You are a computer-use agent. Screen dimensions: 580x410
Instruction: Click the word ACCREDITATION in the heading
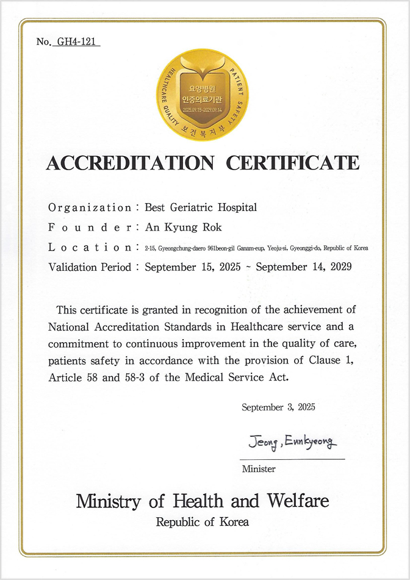pyautogui.click(x=130, y=163)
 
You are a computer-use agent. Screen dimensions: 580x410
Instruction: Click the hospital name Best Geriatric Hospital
pyautogui.click(x=201, y=207)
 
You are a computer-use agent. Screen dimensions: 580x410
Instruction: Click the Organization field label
pyautogui.click(x=89, y=207)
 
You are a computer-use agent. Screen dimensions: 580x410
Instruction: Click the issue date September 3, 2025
pyautogui.click(x=278, y=407)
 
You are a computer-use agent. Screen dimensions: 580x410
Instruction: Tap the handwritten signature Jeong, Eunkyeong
pyautogui.click(x=292, y=442)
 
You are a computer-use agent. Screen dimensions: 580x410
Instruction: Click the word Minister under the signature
pyautogui.click(x=259, y=469)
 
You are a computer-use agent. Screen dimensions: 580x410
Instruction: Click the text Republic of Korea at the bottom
pyautogui.click(x=203, y=522)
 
